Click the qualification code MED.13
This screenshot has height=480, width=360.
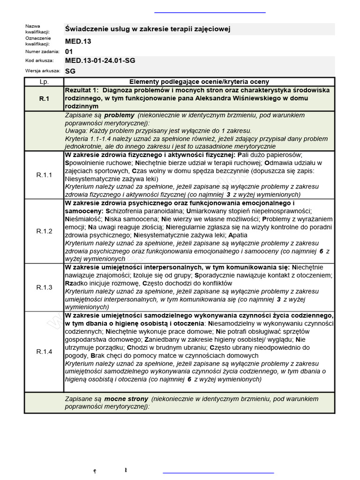coord(78,41)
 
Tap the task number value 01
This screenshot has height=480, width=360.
coord(69,51)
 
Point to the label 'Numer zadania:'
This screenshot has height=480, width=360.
coord(42,51)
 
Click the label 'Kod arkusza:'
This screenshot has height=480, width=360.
coord(39,60)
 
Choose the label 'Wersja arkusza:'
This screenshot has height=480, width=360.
coord(43,71)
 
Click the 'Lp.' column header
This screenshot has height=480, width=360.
coord(44,82)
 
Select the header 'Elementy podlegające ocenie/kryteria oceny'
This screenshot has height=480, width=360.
coord(199,82)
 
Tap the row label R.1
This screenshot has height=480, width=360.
coord(44,98)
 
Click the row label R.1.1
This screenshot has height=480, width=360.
coord(44,175)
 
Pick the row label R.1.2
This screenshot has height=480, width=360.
coord(44,231)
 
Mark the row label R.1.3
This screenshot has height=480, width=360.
coord(44,287)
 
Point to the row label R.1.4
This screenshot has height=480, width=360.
coord(44,351)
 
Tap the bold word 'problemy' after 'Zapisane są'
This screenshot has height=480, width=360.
coord(120,115)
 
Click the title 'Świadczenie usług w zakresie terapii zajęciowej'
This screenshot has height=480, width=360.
coord(147,30)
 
